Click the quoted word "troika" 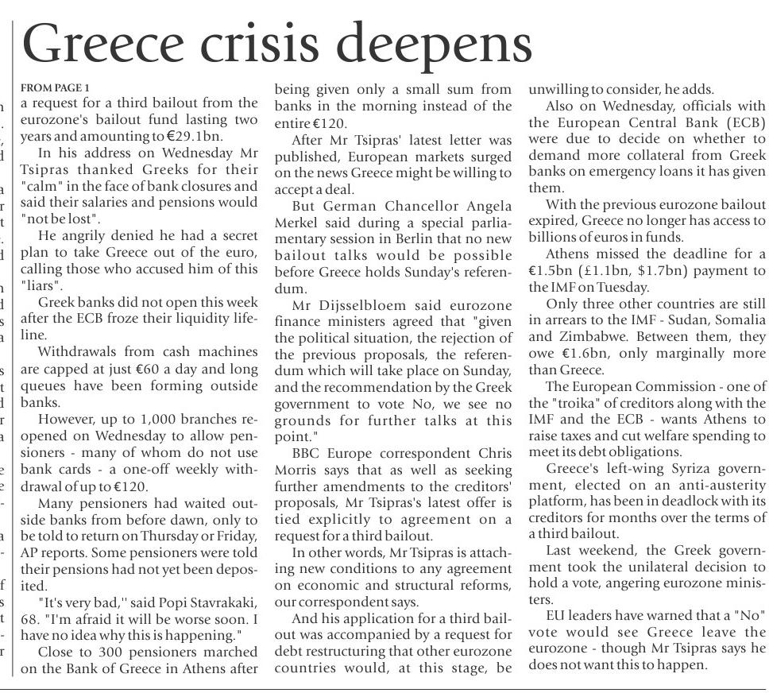(x=569, y=403)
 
